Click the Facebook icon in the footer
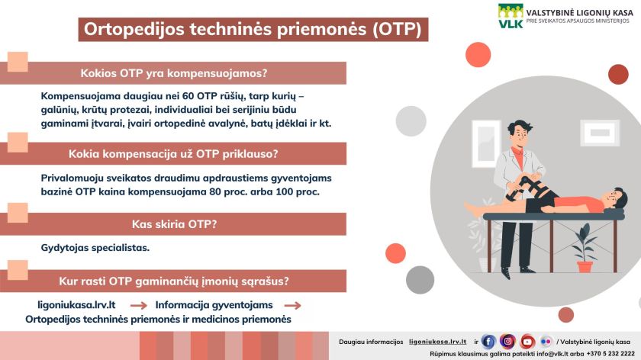pyautogui.click(x=489, y=341)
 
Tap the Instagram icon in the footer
pyautogui.click(x=507, y=341)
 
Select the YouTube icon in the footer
pyautogui.click(x=527, y=341)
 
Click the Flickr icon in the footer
pyautogui.click(x=546, y=341)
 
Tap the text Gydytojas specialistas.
pyautogui.click(x=95, y=248)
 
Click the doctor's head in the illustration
pyautogui.click(x=520, y=133)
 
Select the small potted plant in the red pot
pyautogui.click(x=585, y=256)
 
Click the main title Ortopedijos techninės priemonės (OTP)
pyautogui.click(x=252, y=30)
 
